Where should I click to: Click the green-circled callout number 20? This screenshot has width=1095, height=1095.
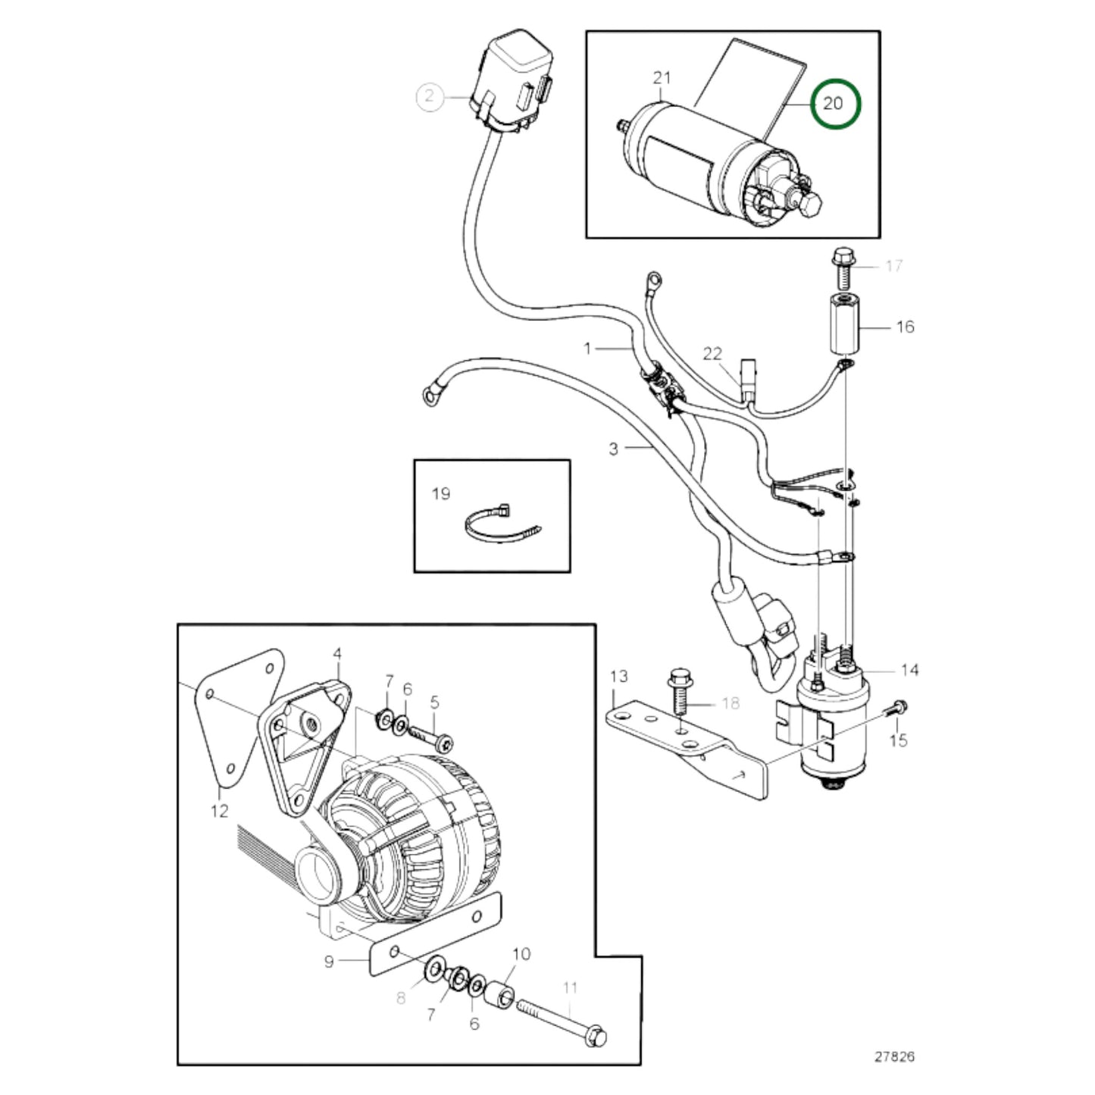pos(834,103)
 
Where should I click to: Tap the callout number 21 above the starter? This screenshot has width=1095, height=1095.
pos(662,78)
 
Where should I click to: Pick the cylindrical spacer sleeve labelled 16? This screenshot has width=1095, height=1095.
pos(846,327)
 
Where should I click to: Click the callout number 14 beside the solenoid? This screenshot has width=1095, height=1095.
pos(909,670)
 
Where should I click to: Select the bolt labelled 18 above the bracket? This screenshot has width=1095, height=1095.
pos(678,690)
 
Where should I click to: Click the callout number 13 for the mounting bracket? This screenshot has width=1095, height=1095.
pos(619,676)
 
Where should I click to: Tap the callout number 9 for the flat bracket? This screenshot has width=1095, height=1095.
pos(329,961)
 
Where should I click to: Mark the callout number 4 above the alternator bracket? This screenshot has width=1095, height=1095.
pos(337,653)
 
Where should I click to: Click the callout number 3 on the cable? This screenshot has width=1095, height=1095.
pos(613,449)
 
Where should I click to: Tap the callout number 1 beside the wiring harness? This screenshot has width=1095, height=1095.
pos(587,348)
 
